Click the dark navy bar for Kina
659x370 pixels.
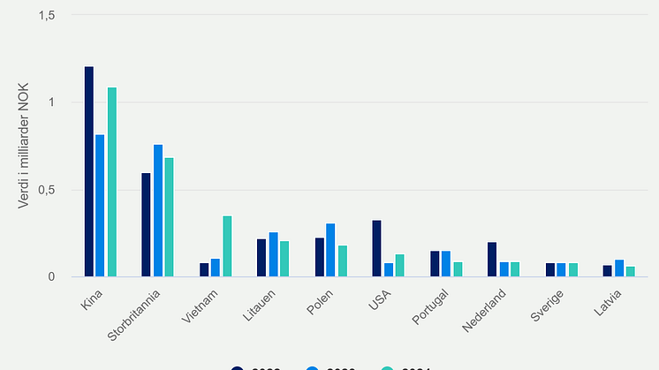coord(89,172)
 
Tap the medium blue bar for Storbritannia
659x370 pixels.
coord(158,211)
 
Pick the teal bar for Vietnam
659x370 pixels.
coord(227,246)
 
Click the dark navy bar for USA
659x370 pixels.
coord(376,249)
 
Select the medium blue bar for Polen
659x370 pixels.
coord(330,251)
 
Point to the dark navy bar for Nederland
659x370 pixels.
coord(492,260)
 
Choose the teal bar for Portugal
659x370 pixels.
coord(458,269)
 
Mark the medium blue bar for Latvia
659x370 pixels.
coord(618,268)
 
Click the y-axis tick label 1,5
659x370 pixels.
coord(45,15)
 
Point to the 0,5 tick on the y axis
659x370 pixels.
coord(45,190)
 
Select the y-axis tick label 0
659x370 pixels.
coord(51,277)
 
